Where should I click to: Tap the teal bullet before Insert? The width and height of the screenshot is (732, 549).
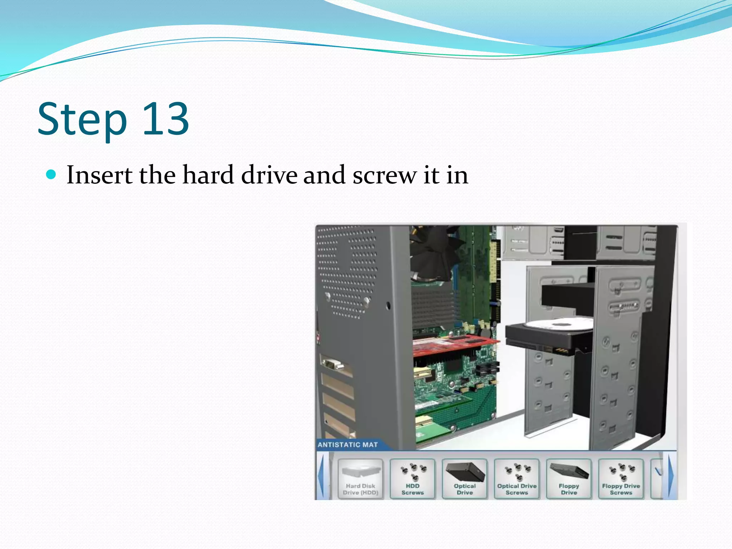tap(51, 174)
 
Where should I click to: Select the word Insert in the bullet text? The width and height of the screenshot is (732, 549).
tap(99, 175)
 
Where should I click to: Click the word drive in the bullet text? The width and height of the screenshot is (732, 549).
tap(269, 175)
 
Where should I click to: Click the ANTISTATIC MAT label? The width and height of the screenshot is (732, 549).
tap(347, 445)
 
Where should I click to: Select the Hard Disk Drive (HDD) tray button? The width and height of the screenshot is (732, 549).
tap(360, 479)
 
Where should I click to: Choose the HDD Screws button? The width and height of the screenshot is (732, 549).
tap(412, 479)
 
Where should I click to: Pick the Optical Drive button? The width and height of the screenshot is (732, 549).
tap(465, 479)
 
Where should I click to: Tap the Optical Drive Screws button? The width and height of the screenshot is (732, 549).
tap(517, 479)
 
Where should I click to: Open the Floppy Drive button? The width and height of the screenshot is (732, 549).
tap(569, 479)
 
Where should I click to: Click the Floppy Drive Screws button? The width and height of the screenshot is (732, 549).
tap(621, 479)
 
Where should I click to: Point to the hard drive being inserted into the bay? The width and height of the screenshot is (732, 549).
tap(547, 336)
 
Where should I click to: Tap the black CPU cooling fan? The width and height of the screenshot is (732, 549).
tap(434, 250)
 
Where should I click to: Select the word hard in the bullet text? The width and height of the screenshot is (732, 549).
tap(208, 175)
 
